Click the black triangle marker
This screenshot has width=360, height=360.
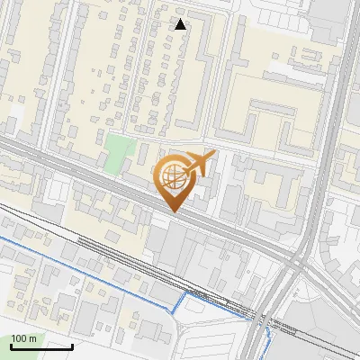pyautogui.click(x=181, y=24)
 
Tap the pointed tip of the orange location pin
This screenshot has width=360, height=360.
pyautogui.click(x=173, y=211)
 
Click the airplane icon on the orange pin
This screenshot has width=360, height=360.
pyautogui.click(x=198, y=163)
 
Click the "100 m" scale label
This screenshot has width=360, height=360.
pyautogui.click(x=23, y=338)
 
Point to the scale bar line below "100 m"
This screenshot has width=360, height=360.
pyautogui.click(x=41, y=346)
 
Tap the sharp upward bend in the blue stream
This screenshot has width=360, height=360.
pyautogui.click(x=186, y=293)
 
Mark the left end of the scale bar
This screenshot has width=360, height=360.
pyautogui.click(x=11, y=346)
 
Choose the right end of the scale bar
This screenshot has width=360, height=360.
pyautogui.click(x=72, y=346)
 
